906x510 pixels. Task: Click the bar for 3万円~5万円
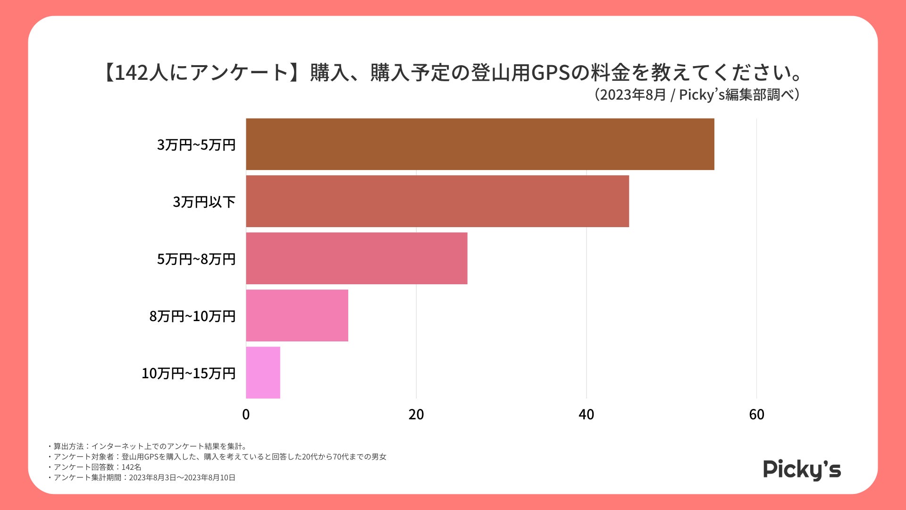pos(480,144)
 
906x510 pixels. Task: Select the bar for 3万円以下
pos(437,201)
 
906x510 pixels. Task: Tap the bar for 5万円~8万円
pos(357,258)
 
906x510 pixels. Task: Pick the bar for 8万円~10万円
pos(297,315)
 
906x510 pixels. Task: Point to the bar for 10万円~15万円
pos(263,373)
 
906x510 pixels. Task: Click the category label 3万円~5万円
pos(196,144)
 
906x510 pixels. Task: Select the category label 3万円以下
pos(204,202)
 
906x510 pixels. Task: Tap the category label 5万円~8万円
pos(196,259)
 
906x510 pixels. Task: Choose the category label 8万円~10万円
pos(193,316)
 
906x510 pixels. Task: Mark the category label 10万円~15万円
pos(189,373)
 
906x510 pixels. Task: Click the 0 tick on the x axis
pos(246,415)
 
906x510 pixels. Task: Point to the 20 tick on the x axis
pos(416,415)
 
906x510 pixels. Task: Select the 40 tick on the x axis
pos(587,415)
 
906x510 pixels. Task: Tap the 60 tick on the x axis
pos(756,415)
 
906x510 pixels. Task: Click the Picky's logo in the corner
pos(802,469)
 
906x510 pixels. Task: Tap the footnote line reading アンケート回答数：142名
pos(97,467)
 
